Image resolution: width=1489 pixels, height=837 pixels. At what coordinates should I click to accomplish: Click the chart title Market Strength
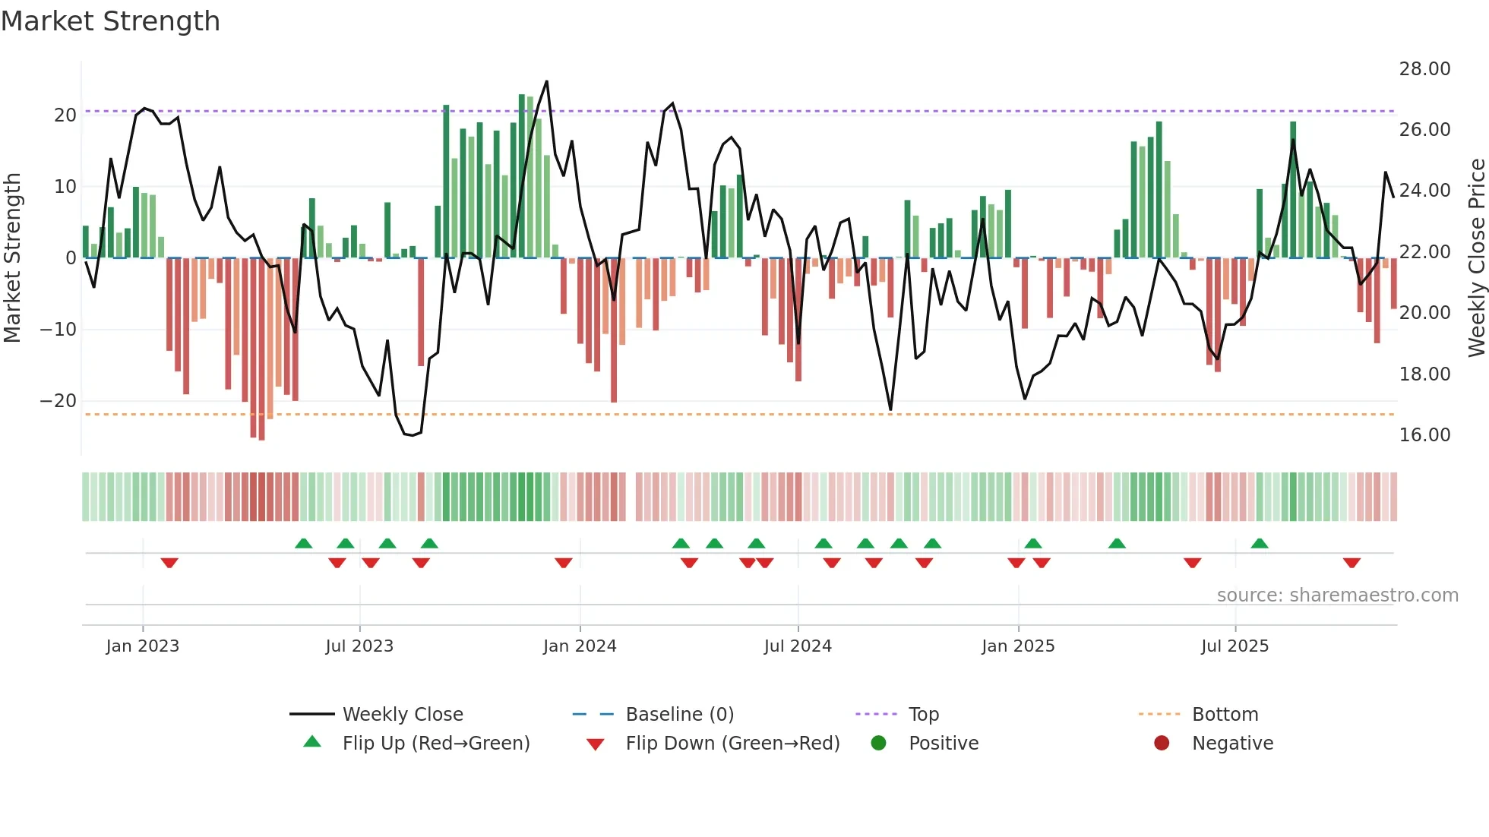110,21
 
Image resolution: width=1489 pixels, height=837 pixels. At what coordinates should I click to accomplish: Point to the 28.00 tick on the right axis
1424,69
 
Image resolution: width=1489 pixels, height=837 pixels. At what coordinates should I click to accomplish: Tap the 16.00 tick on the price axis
1424,435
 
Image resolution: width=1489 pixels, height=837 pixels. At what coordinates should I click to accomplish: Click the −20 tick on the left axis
58,401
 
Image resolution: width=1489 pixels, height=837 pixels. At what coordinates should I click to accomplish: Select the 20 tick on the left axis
65,115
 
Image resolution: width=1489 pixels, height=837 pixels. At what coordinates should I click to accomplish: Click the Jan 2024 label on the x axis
580,646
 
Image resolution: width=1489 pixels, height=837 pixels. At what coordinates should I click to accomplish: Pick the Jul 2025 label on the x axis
1235,646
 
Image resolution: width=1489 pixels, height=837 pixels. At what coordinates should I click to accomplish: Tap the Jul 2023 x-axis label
359,646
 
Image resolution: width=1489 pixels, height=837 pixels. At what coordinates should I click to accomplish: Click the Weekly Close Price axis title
1476,258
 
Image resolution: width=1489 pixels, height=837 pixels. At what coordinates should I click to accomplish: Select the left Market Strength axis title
12,258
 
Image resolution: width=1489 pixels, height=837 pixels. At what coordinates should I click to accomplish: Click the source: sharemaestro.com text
1337,595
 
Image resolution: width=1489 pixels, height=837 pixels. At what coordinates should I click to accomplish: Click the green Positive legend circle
879,744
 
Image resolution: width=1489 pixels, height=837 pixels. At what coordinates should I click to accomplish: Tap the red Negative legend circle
1162,744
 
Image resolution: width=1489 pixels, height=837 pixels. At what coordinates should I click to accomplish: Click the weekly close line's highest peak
546,81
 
